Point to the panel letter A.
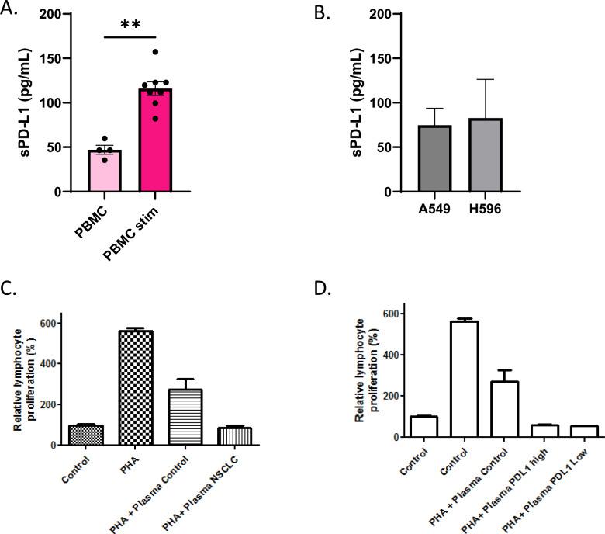pyautogui.click(x=9, y=9)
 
